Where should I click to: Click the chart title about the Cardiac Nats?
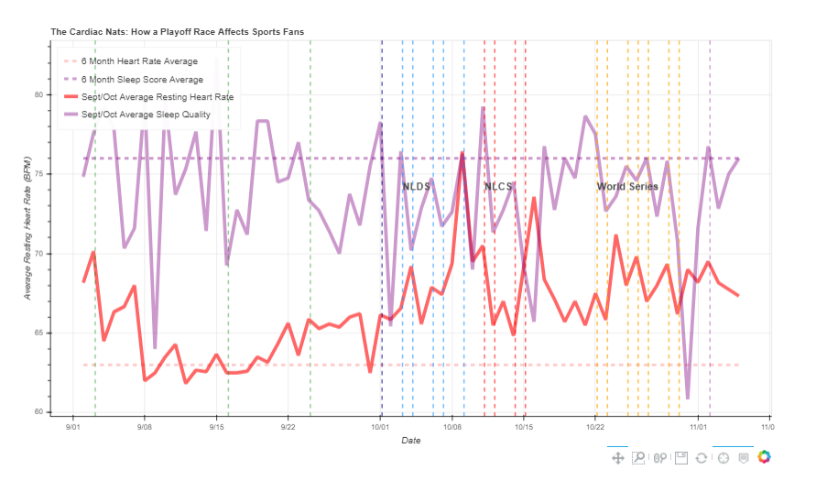[177, 32]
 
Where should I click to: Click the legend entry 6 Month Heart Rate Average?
[139, 61]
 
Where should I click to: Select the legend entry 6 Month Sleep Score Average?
[142, 80]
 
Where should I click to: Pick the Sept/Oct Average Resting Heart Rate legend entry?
[157, 97]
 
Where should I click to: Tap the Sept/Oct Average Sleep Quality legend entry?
[146, 115]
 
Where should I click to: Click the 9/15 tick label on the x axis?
[216, 427]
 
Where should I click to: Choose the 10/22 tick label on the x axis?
[595, 427]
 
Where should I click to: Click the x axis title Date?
[410, 442]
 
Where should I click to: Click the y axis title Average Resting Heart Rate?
[28, 227]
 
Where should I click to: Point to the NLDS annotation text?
[416, 187]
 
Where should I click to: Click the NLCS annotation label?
[498, 187]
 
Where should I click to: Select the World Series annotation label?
[627, 187]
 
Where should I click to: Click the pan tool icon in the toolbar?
[618, 457]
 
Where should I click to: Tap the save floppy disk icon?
[680, 457]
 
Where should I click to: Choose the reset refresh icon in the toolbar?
[702, 457]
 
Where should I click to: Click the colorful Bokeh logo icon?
[765, 457]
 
